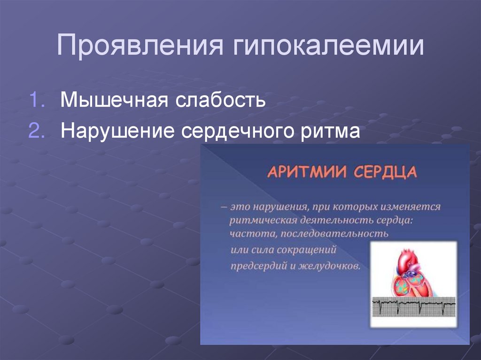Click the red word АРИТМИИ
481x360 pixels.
click(304, 172)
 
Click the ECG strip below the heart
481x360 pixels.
click(413, 307)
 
